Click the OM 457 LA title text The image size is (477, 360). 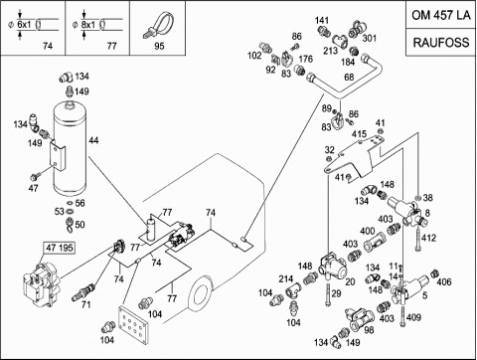pyautogui.click(x=441, y=15)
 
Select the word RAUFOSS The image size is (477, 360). pyautogui.click(x=441, y=43)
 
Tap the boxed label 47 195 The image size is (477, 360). pyautogui.click(x=60, y=248)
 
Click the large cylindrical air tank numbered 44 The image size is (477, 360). pyautogui.click(x=70, y=147)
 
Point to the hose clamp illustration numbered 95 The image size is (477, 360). pyautogui.click(x=158, y=24)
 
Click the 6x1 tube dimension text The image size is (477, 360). pyautogui.click(x=24, y=25)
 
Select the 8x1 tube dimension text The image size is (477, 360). pyautogui.click(x=88, y=25)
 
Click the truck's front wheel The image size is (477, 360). pyautogui.click(x=201, y=294)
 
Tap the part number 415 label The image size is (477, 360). pyautogui.click(x=359, y=134)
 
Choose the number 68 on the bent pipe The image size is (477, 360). pyautogui.click(x=349, y=77)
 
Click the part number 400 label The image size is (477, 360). pyautogui.click(x=368, y=231)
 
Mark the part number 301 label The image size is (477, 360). pyautogui.click(x=370, y=38)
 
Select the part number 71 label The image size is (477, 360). pyautogui.click(x=85, y=304)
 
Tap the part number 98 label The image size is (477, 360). pyautogui.click(x=369, y=329)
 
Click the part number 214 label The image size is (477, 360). pyautogui.click(x=285, y=278)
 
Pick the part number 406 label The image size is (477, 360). pyautogui.click(x=444, y=281)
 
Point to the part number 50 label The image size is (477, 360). pyautogui.click(x=79, y=225)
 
